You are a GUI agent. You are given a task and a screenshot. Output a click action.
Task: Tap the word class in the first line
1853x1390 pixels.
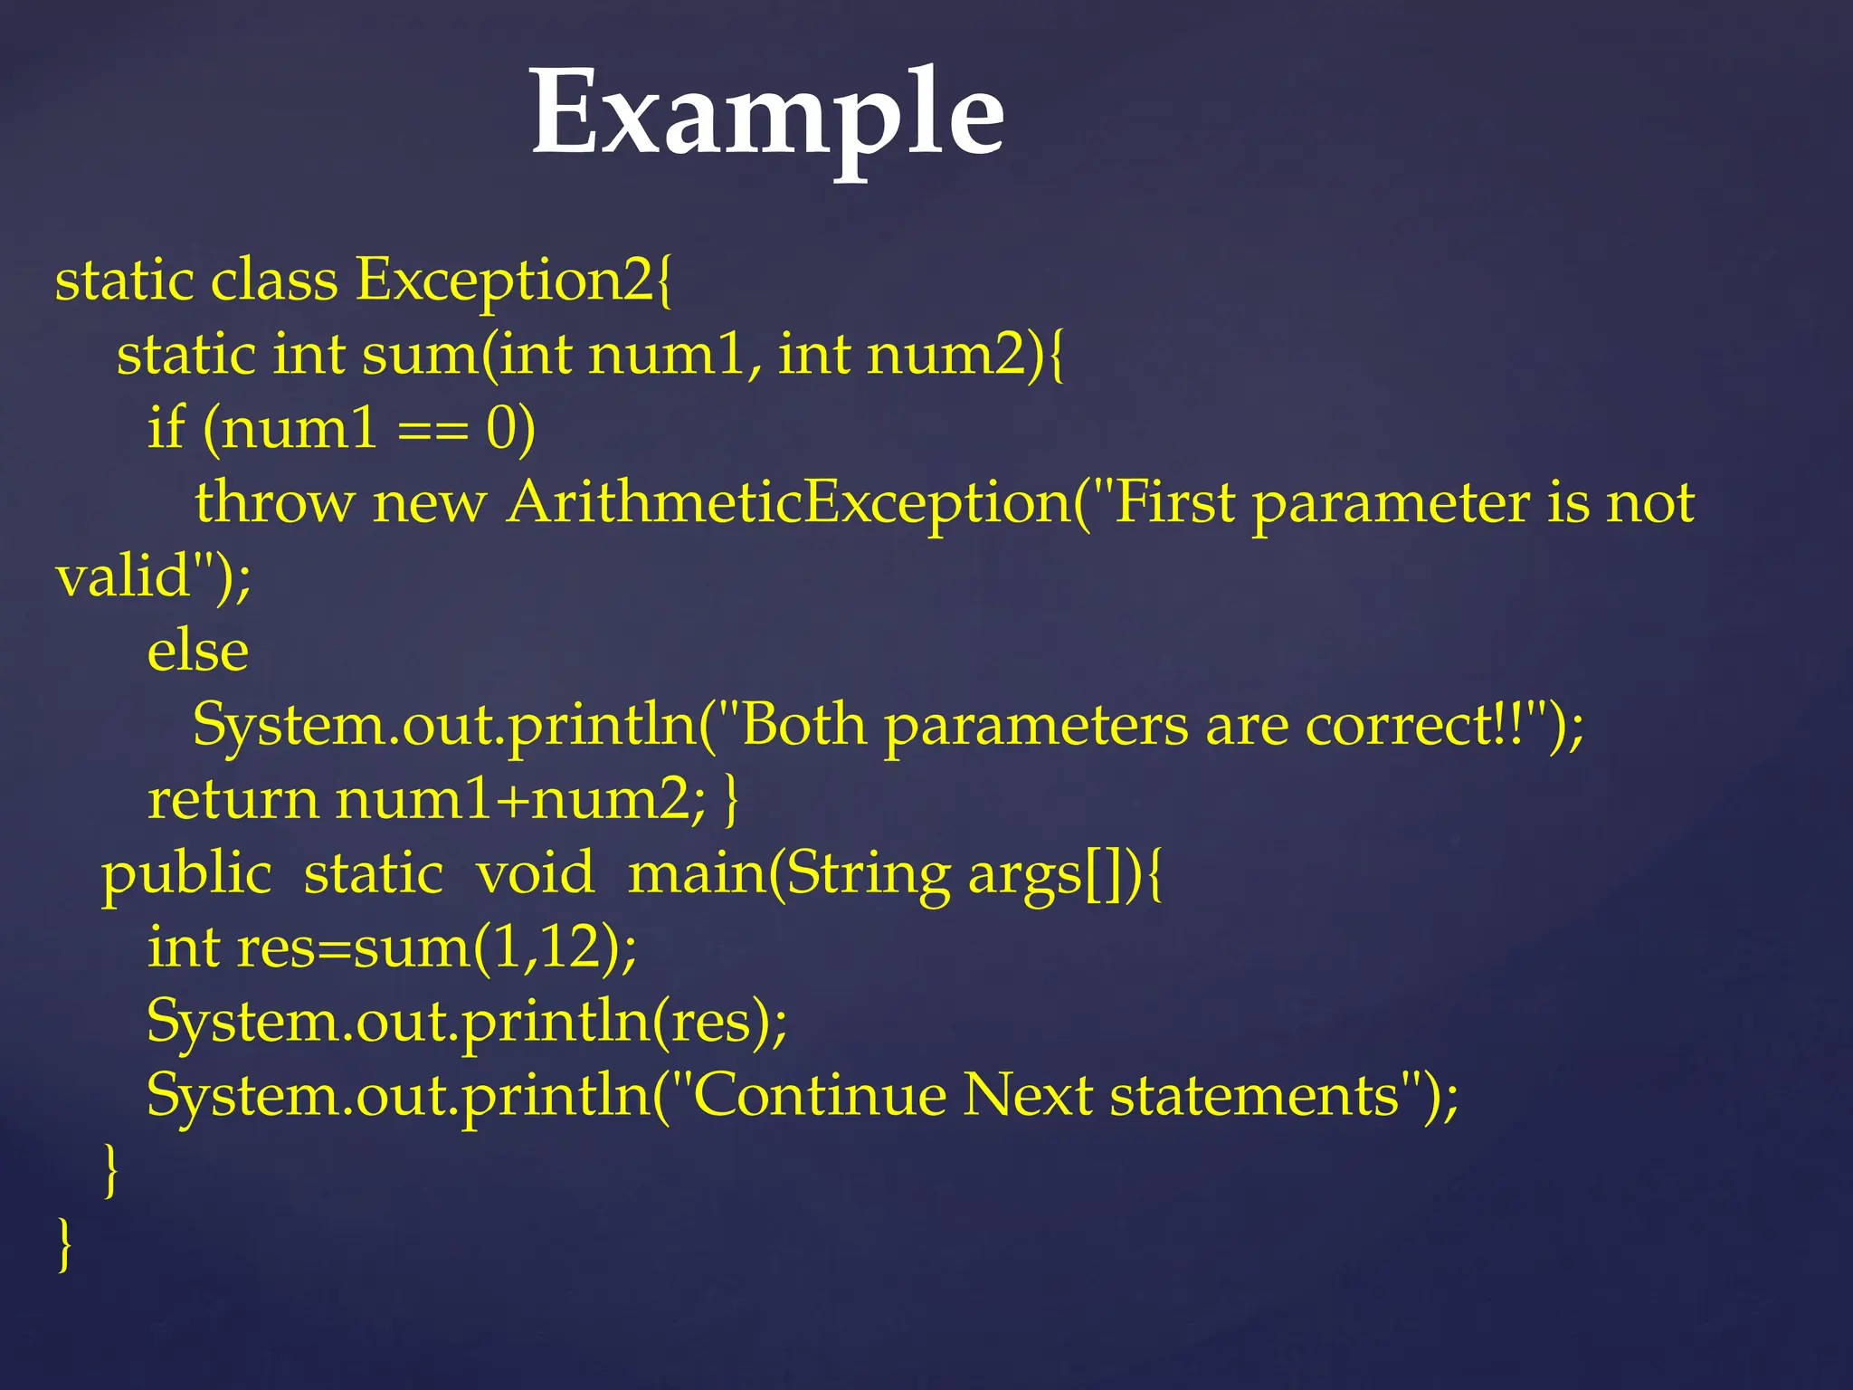[x=274, y=281]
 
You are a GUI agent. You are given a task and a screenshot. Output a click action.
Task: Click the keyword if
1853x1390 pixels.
[x=166, y=427]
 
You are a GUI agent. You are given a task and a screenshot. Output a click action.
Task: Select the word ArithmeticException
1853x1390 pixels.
[x=789, y=502]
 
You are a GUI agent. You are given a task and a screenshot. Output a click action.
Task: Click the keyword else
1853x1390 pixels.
[x=197, y=652]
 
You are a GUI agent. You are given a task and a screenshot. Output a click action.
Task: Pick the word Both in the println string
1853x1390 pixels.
[x=803, y=726]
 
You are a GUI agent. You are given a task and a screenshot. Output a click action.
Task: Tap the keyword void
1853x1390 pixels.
[x=535, y=874]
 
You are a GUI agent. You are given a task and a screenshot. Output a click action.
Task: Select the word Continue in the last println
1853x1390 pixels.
[x=820, y=1096]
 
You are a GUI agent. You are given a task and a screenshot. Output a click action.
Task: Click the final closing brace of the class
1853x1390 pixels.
[x=64, y=1245]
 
